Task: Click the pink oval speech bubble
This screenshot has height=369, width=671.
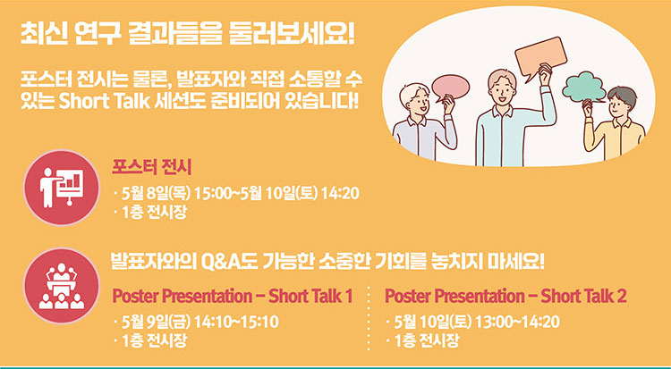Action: point(450,88)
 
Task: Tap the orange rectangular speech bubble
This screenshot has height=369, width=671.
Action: point(540,57)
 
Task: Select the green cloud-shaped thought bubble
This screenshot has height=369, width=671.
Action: point(584,87)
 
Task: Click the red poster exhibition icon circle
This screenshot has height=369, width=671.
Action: point(61,188)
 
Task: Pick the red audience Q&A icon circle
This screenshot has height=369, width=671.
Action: point(61,286)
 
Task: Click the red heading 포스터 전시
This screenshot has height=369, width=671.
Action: point(151,167)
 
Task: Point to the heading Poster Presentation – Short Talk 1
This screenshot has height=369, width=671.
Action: point(233,297)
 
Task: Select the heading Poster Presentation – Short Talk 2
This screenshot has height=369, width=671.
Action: point(505,297)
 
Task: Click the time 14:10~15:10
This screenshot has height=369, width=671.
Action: point(236,322)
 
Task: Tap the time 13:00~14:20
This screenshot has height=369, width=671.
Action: point(517,322)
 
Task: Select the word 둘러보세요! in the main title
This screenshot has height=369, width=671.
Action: point(293,35)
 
